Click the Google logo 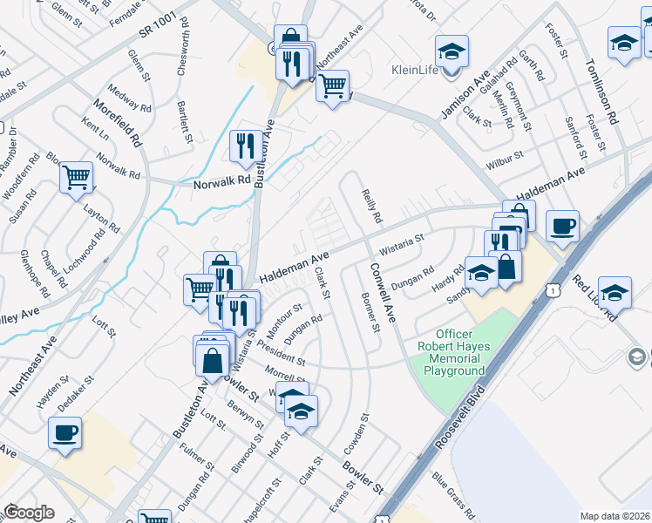29,513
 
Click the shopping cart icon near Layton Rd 77,177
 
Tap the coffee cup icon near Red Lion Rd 562,226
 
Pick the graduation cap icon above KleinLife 452,51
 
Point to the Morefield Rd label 124,122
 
